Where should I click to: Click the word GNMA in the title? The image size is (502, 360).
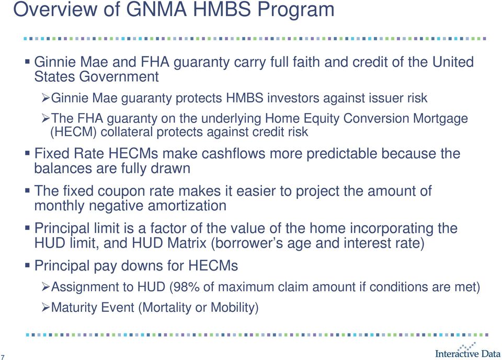(x=156, y=9)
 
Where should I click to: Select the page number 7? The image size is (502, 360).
(x=3, y=357)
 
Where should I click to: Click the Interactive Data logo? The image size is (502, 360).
(x=467, y=351)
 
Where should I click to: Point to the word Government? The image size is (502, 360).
(x=119, y=76)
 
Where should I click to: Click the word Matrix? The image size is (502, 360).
(x=187, y=242)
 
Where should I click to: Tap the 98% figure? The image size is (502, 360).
(x=185, y=287)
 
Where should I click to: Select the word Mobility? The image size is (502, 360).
(x=234, y=308)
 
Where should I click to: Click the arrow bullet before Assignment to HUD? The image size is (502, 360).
(x=46, y=286)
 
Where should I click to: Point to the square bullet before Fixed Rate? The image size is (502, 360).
(x=27, y=153)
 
